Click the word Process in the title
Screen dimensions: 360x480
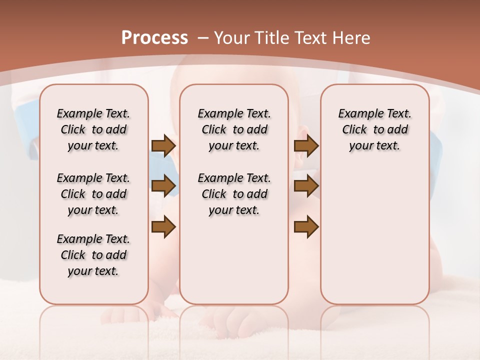point(154,38)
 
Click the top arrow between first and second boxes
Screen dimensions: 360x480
point(163,146)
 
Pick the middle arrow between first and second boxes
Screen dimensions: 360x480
point(163,186)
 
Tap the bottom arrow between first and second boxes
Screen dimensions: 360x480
point(163,227)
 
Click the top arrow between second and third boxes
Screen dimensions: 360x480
point(306,146)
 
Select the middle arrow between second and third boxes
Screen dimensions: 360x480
point(306,186)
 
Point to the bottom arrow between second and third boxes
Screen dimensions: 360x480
point(306,227)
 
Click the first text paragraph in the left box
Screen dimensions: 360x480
point(93,129)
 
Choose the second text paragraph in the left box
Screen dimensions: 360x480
point(93,194)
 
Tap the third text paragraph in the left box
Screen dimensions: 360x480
point(93,255)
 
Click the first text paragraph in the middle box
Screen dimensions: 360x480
point(234,129)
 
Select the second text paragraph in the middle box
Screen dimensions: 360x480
point(234,194)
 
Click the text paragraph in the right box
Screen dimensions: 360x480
point(374,129)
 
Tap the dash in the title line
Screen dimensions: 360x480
point(203,38)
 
